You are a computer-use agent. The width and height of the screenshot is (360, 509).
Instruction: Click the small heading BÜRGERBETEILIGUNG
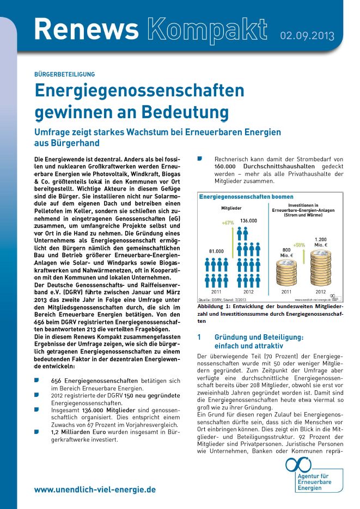pos(64,74)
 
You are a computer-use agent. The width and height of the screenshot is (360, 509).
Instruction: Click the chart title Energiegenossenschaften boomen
pos(246,197)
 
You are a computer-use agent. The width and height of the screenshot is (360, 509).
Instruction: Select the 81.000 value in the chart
pos(216,250)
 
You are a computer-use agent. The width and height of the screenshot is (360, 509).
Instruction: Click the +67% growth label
pos(228,223)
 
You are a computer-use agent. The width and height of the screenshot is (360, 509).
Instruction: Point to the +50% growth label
pos(299,245)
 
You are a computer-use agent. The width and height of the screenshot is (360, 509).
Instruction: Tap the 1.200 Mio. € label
pos(321,242)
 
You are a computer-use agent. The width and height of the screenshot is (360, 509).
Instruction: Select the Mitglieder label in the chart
pos(231,208)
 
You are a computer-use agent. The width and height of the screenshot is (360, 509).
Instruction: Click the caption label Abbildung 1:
pos(216,307)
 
